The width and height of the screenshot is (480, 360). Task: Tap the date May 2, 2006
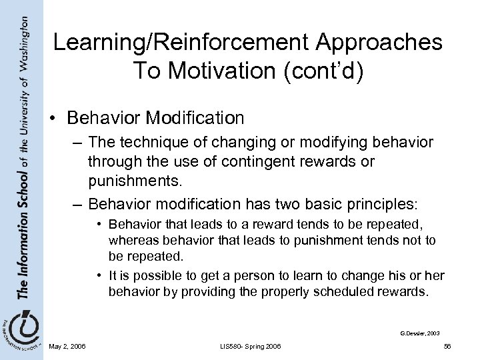(x=66, y=346)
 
